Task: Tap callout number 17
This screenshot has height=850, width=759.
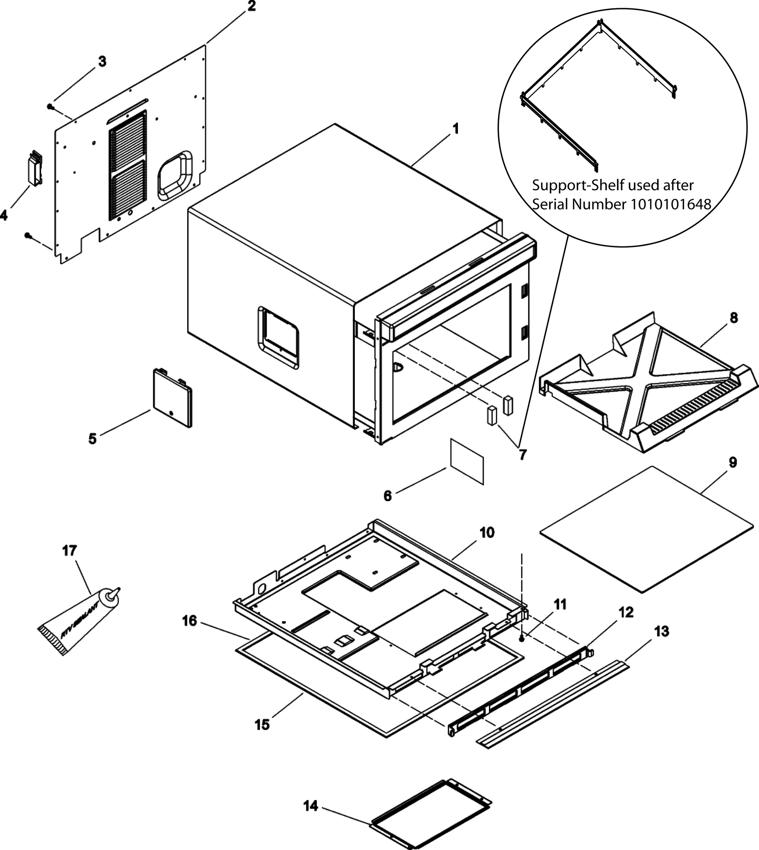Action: click(69, 551)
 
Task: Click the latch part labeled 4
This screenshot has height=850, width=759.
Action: click(35, 168)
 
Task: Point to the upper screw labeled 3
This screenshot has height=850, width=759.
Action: click(50, 107)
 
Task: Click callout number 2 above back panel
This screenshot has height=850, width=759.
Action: click(251, 6)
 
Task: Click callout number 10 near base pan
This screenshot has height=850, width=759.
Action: click(487, 533)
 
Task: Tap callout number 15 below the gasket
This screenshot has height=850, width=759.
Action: click(262, 725)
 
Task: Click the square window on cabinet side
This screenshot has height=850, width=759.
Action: click(278, 338)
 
